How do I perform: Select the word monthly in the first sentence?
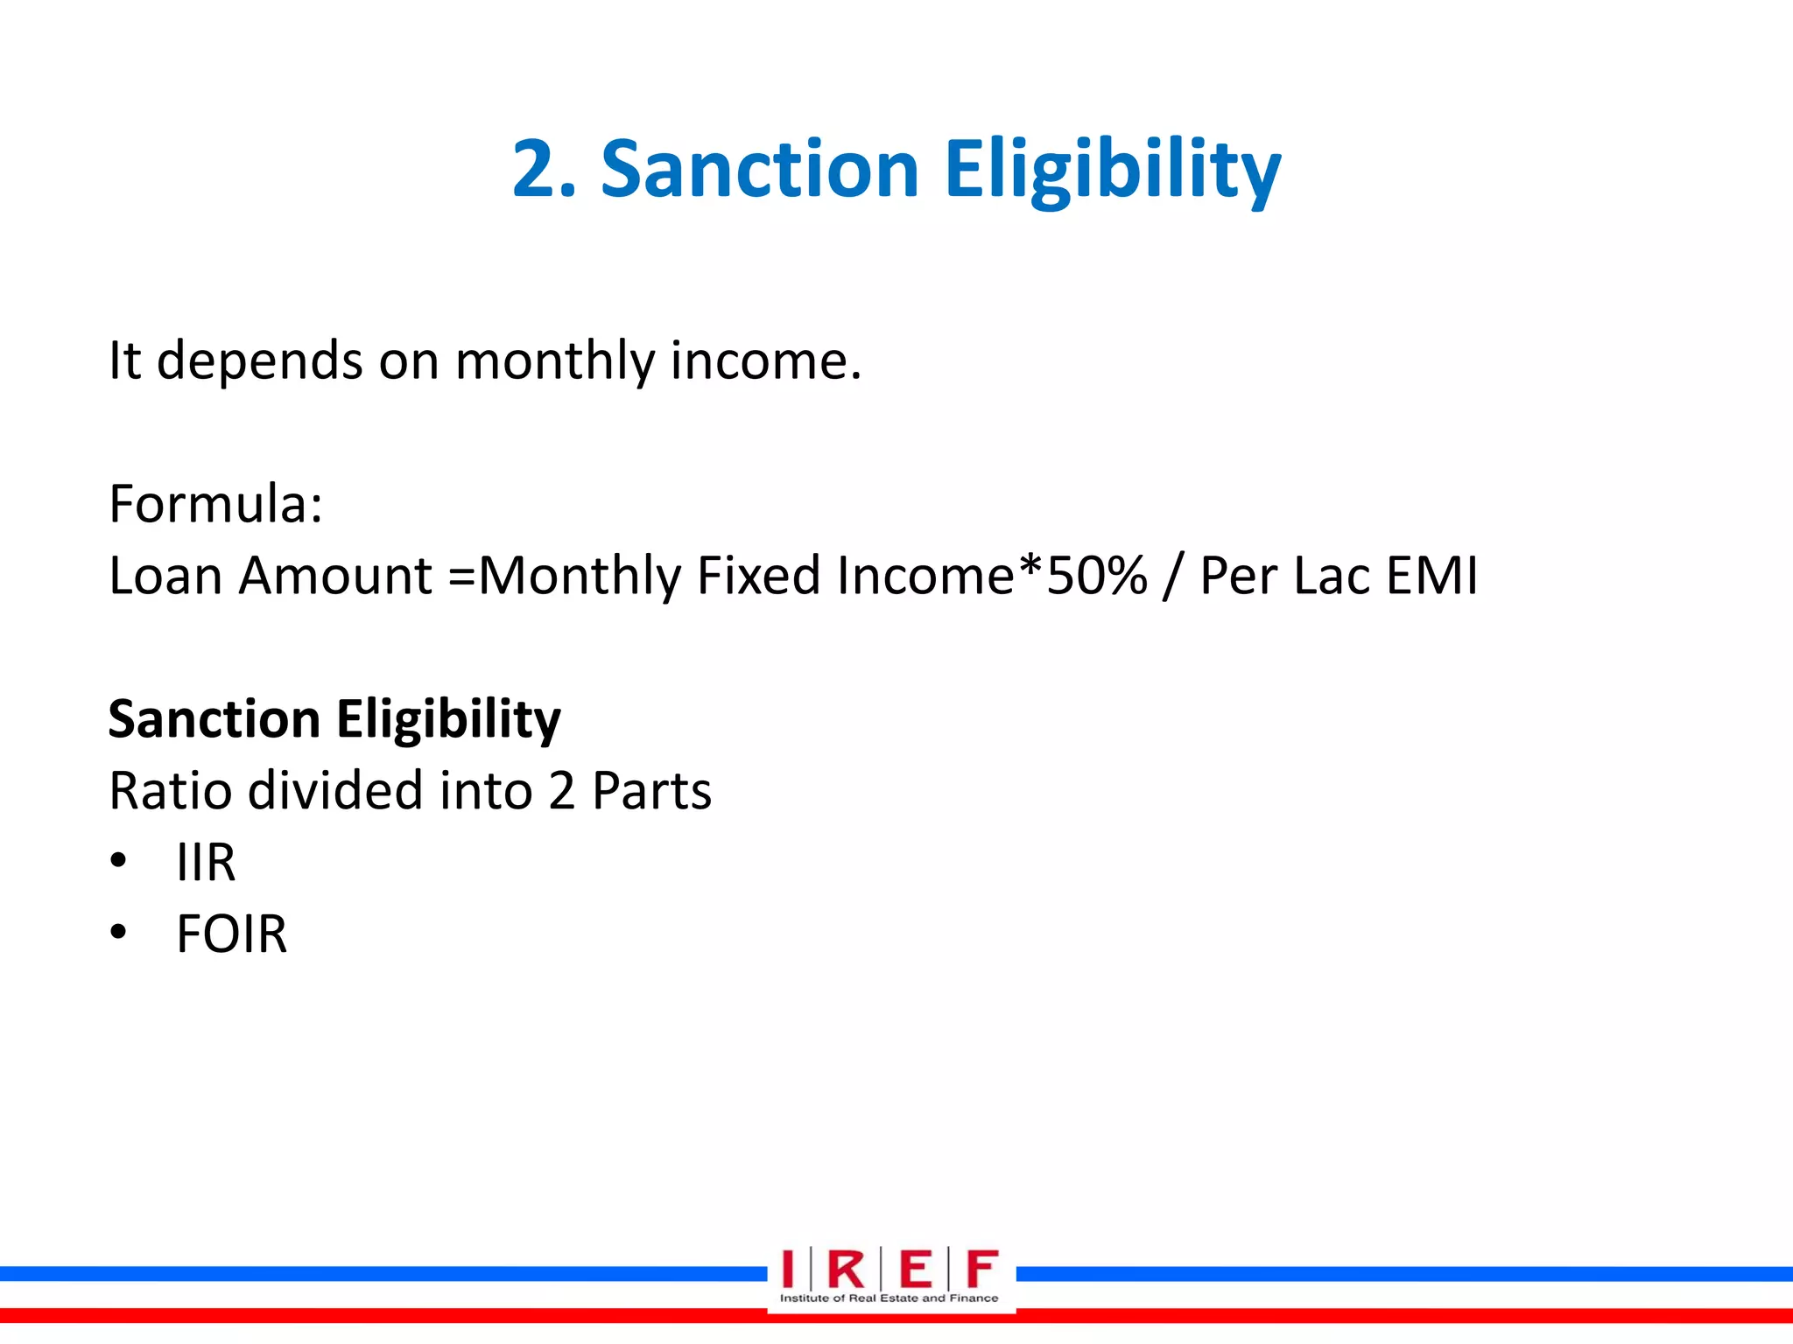[554, 360]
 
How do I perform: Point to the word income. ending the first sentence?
[765, 360]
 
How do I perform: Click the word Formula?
[215, 504]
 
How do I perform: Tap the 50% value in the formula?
[1097, 576]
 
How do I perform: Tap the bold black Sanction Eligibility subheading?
[334, 719]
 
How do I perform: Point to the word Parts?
[651, 791]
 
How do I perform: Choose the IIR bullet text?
[206, 863]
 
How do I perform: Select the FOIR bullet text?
[231, 934]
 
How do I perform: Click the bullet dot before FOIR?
[119, 933]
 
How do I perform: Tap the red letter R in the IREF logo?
[846, 1270]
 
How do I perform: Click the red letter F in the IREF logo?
[981, 1270]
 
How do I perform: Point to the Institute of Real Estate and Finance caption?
[889, 1298]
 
